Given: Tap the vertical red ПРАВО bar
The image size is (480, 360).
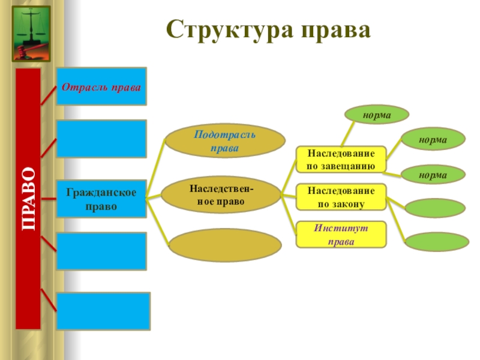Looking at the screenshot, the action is click(28, 198).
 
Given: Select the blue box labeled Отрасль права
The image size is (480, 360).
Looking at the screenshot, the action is click(101, 86).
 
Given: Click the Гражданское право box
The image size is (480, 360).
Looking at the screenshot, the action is click(101, 199).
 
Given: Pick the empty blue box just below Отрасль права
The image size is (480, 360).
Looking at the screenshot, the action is click(101, 138).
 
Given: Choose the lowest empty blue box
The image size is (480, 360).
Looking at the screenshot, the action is click(104, 311).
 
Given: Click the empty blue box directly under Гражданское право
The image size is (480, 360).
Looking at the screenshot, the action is click(101, 251).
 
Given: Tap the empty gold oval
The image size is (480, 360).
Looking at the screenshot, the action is click(225, 245).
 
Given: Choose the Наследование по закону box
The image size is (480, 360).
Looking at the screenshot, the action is click(341, 197).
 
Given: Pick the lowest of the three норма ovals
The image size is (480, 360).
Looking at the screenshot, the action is click(433, 175).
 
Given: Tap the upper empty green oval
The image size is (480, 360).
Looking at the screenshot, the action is click(435, 208).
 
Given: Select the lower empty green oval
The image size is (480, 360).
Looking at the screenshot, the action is click(437, 241).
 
